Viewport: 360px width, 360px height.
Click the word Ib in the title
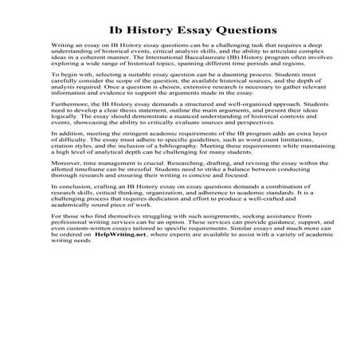[x=115, y=30]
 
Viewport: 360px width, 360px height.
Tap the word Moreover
[x=68, y=193]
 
